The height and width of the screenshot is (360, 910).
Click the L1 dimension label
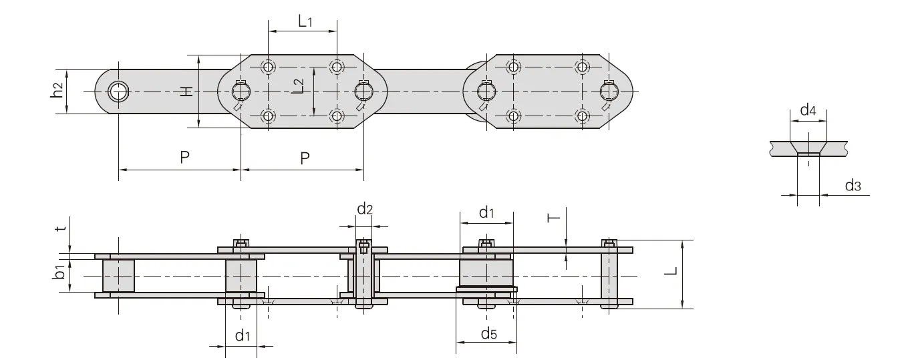tap(305, 21)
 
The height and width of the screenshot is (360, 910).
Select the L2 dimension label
tap(299, 85)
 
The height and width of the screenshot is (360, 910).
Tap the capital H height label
tap(188, 91)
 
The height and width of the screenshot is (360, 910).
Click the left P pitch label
tap(184, 158)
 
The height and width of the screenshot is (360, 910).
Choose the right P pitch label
tap(305, 158)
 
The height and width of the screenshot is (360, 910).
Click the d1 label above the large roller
tap(487, 213)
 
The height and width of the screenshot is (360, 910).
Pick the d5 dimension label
tap(488, 333)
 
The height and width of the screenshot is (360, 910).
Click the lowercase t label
tap(61, 229)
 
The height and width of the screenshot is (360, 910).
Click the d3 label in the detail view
tap(853, 186)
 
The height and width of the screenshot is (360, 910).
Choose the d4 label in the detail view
tap(808, 110)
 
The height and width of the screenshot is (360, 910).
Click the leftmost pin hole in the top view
tap(118, 91)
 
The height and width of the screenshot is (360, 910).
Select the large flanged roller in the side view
tap(486, 274)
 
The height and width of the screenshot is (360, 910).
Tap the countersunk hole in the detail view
tap(809, 148)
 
